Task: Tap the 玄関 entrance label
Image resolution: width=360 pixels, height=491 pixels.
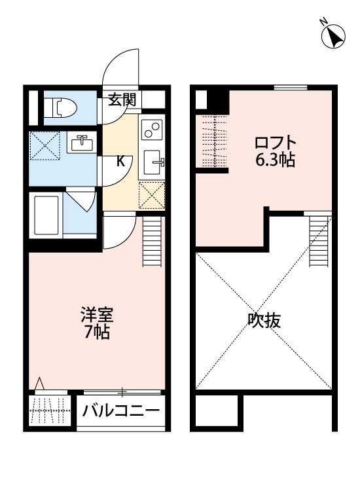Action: [x=122, y=100]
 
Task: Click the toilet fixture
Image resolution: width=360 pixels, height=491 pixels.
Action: [x=60, y=107]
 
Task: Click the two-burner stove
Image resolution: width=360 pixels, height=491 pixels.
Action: [x=151, y=128]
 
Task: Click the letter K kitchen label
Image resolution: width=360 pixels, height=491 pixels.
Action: [x=120, y=161]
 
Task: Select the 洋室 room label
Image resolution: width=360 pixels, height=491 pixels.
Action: [x=97, y=315]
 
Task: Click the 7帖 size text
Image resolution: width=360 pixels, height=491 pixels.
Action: [x=97, y=331]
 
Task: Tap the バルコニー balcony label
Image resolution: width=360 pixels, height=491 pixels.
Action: [x=121, y=412]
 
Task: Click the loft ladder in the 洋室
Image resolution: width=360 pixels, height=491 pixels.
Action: [x=151, y=242]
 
